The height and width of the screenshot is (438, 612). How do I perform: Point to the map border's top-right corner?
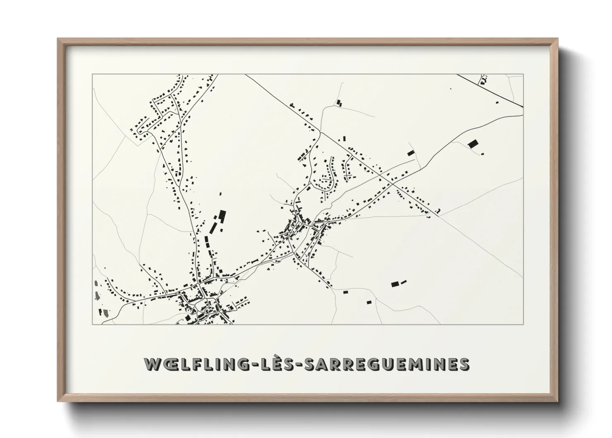(524, 74)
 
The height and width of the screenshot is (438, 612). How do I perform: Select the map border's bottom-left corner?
(92, 324)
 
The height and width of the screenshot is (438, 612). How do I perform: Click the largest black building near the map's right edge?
(472, 144)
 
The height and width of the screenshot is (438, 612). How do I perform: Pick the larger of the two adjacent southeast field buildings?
(395, 284)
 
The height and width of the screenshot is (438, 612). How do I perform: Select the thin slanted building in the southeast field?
(404, 282)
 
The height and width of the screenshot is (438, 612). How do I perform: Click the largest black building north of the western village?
(222, 216)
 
